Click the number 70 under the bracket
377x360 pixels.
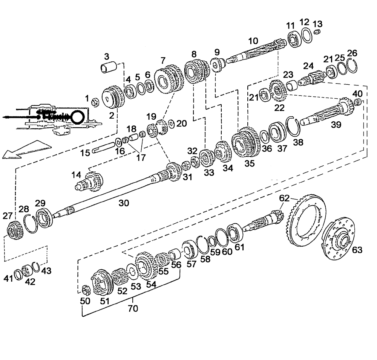(x=133, y=309)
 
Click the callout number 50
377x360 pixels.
(x=85, y=301)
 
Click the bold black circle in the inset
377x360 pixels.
(x=77, y=117)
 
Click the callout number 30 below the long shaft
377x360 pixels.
(x=124, y=203)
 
